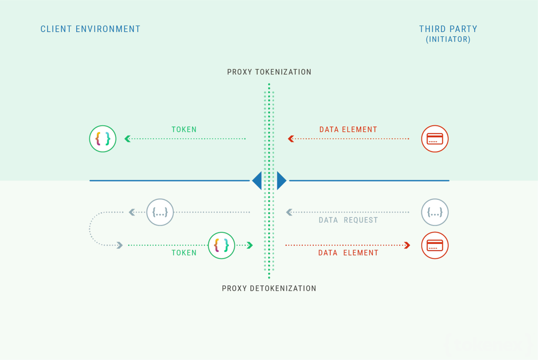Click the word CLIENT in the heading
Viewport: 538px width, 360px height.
coord(56,29)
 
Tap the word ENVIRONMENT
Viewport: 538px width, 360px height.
coord(108,29)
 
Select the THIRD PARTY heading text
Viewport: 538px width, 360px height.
coord(448,29)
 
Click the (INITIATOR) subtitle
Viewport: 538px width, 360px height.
coord(448,39)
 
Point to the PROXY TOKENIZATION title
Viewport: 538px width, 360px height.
coord(269,72)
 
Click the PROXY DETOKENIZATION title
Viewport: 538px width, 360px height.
coord(269,289)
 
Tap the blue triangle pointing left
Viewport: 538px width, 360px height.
coord(257,181)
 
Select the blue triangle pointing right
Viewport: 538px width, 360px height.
coord(281,181)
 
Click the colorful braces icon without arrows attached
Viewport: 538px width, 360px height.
coord(103,139)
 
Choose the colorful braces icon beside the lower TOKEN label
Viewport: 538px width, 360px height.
coord(222,245)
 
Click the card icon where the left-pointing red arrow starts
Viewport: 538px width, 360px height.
coord(435,139)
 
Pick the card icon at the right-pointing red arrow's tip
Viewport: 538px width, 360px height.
coord(435,245)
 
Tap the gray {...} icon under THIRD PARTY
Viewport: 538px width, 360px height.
coord(435,212)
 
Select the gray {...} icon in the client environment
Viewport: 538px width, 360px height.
coord(160,212)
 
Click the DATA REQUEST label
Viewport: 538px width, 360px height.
coord(348,220)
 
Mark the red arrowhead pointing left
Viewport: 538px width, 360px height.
coord(291,139)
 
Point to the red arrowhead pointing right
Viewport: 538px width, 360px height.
coord(407,245)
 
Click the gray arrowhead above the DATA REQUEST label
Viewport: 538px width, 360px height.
coord(289,212)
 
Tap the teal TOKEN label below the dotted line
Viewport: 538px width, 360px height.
coord(184,253)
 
